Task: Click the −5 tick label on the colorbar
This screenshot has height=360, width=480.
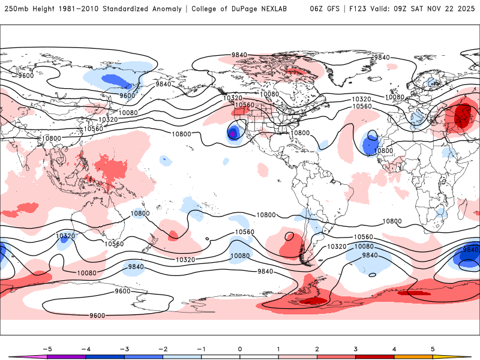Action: [x=47, y=349]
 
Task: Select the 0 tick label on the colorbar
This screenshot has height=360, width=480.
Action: [x=240, y=349]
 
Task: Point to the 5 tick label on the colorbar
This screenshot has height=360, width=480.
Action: [x=433, y=349]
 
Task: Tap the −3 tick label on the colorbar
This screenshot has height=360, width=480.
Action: [x=124, y=349]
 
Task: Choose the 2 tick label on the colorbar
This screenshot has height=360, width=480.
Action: [x=317, y=349]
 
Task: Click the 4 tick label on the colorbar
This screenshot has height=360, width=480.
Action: [x=394, y=349]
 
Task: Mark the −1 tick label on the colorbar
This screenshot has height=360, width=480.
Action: [x=201, y=349]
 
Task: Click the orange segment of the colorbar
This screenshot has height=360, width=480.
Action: [x=413, y=356]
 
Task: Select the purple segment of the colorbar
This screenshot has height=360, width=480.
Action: [x=66, y=356]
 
